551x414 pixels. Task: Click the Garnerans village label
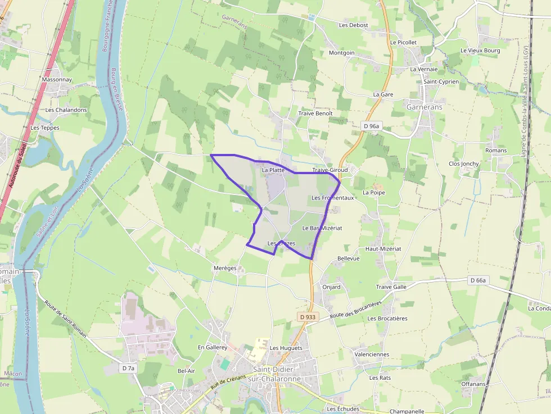pyautogui.click(x=424, y=107)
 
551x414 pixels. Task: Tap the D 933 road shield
pyautogui.click(x=309, y=317)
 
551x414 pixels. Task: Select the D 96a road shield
pyautogui.click(x=372, y=126)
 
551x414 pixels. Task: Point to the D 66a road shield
pyautogui.click(x=477, y=280)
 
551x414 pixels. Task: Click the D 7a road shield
pyautogui.click(x=128, y=368)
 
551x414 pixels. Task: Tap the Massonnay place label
pyautogui.click(x=57, y=80)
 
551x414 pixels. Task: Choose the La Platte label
pyautogui.click(x=273, y=170)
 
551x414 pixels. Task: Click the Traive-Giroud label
pyautogui.click(x=330, y=170)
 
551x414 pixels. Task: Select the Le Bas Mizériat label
pyautogui.click(x=322, y=228)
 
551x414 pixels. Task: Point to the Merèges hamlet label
pyautogui.click(x=225, y=268)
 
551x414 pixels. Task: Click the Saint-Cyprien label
pyautogui.click(x=441, y=81)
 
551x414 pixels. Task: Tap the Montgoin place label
pyautogui.click(x=341, y=53)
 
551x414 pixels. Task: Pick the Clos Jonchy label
pyautogui.click(x=463, y=164)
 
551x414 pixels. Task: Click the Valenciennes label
pyautogui.click(x=372, y=354)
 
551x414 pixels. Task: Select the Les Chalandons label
pyautogui.click(x=66, y=110)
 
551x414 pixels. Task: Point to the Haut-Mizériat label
pyautogui.click(x=383, y=248)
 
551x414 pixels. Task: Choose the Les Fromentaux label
pyautogui.click(x=332, y=198)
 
